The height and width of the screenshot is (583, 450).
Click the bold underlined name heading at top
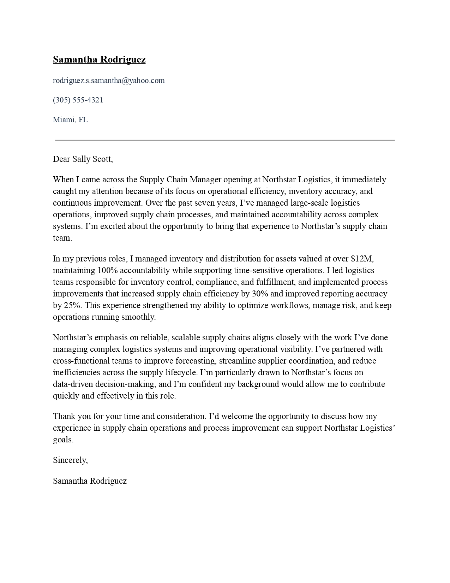[99, 59]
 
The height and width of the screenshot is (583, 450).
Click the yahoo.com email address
[109, 81]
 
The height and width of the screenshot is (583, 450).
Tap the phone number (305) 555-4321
[78, 100]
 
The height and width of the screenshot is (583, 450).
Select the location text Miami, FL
[70, 120]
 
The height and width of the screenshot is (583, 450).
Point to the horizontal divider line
[225, 140]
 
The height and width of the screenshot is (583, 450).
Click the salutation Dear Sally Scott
[83, 159]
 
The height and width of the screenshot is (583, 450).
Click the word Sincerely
[70, 460]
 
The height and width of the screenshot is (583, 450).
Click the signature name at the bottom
[90, 481]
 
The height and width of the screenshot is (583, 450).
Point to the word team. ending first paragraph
[62, 238]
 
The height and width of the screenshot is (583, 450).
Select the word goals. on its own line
[63, 440]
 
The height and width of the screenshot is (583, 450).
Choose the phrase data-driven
[73, 384]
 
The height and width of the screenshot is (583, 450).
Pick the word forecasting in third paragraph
[196, 361]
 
